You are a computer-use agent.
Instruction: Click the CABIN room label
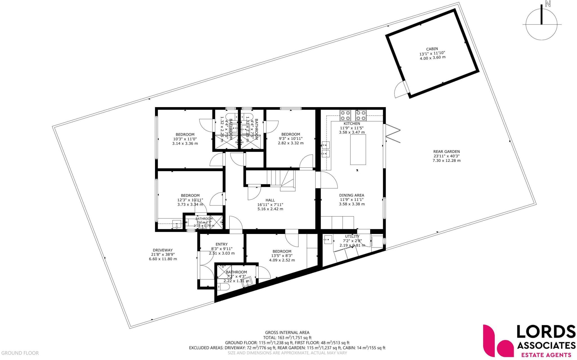(x=432, y=49)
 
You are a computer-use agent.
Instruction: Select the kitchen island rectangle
(x=358, y=150)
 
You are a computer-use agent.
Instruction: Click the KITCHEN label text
(x=352, y=123)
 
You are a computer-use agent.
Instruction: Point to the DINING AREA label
(x=352, y=195)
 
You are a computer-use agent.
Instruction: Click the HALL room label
(x=270, y=200)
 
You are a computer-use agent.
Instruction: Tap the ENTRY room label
(x=221, y=244)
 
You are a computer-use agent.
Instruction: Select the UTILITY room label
(x=352, y=236)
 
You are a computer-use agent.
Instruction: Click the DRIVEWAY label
(x=163, y=250)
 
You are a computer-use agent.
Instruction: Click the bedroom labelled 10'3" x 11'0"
(x=185, y=134)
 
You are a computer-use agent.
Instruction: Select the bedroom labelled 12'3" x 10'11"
(x=190, y=195)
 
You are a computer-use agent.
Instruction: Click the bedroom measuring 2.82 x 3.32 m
(x=290, y=134)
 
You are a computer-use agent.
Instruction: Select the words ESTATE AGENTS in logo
(x=546, y=355)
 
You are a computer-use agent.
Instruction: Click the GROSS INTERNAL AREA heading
(x=287, y=333)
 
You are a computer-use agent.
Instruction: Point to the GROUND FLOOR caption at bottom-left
(x=20, y=353)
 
